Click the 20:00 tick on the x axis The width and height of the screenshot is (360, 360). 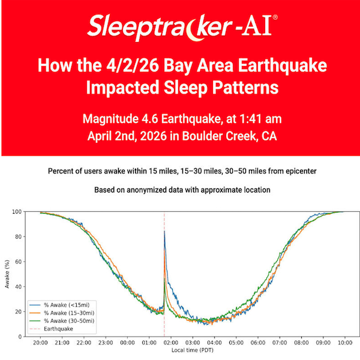[x=40, y=343]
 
